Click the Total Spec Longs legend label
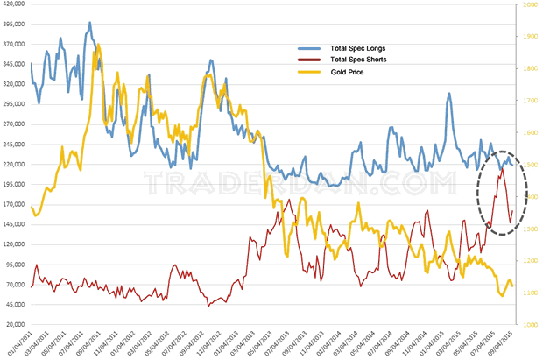(356, 46)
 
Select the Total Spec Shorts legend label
(357, 60)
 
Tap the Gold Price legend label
(347, 73)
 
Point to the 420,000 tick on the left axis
(14, 4)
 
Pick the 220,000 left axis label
(14, 164)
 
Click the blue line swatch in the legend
(310, 46)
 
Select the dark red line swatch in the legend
(310, 60)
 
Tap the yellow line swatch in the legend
(310, 73)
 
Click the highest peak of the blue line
(90, 23)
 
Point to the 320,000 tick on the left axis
(14, 84)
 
